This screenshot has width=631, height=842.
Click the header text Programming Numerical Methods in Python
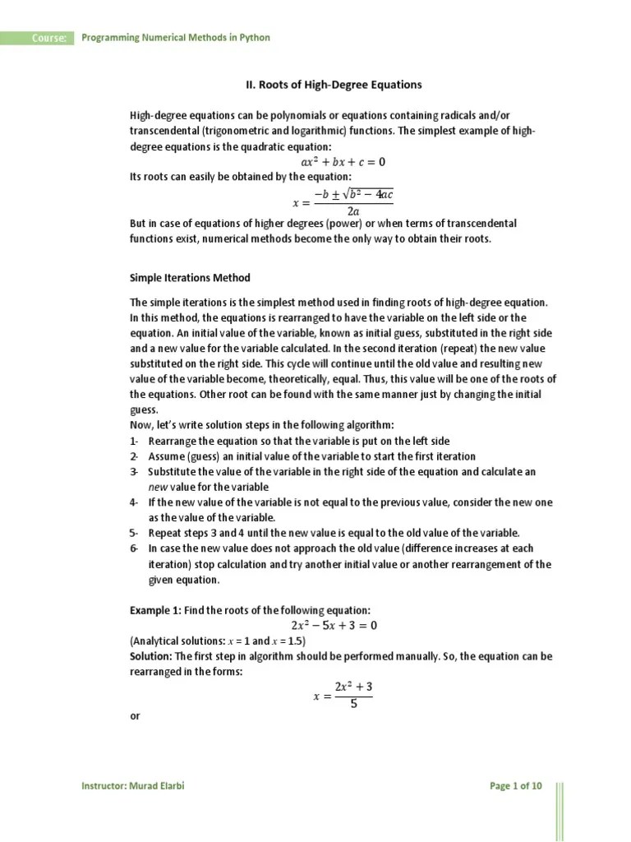tap(174, 38)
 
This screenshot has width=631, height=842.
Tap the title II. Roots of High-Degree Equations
tap(334, 85)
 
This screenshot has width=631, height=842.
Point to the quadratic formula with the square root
tap(343, 201)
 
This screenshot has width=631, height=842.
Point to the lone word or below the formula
tap(136, 716)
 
